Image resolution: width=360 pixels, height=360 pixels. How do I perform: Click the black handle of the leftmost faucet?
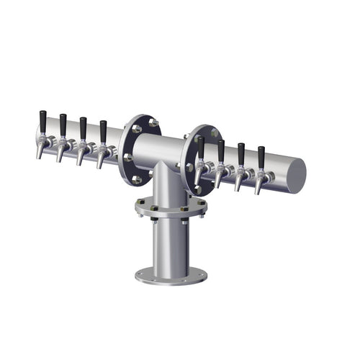pos(43,120)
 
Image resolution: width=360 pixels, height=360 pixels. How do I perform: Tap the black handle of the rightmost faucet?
pos(261,156)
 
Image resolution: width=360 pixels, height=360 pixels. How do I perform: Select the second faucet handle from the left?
pos(63,124)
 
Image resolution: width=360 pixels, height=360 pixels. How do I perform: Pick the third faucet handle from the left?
pos(83,127)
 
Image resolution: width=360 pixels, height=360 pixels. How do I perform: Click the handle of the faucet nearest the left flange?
pos(103,130)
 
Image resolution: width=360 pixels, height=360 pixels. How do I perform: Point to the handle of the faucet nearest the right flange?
pos(201,147)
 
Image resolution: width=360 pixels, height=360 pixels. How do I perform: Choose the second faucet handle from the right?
pos(241,153)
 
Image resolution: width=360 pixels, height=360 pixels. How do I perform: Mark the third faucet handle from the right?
pos(221,150)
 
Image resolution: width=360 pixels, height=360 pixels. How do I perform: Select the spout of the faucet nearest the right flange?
pos(197,176)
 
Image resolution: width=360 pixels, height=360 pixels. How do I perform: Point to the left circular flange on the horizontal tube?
pos(136,149)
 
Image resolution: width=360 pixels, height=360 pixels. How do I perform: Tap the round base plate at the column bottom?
pos(171,275)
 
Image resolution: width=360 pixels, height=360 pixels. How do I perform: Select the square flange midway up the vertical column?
pos(170,209)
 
